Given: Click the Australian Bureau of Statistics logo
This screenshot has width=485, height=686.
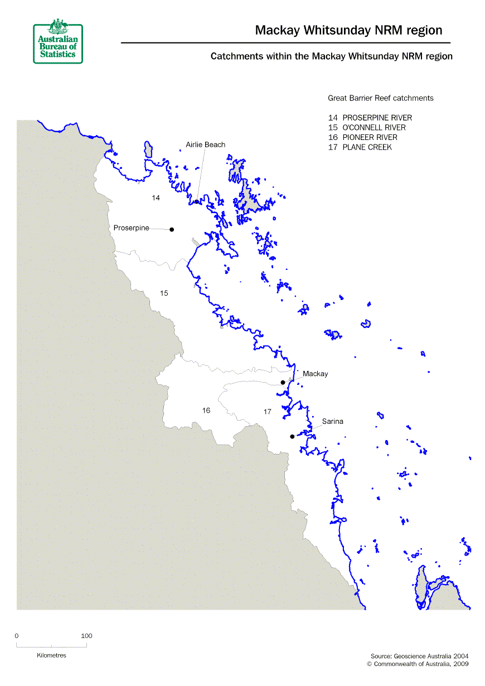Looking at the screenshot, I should (58, 42).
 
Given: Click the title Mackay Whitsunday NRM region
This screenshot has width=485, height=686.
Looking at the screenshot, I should (348, 30).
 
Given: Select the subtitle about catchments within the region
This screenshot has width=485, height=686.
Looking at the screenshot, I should (331, 56).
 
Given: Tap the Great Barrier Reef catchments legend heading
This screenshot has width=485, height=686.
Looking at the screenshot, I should (380, 98).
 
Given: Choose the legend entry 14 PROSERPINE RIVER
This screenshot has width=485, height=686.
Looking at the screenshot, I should (370, 118).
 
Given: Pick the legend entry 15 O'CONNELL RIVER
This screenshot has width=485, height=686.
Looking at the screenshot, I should (367, 128).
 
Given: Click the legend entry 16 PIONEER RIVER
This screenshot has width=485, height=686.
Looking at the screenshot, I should (363, 137).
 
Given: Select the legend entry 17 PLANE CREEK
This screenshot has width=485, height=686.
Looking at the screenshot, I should (360, 147).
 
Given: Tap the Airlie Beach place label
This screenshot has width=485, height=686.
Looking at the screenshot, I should (205, 144).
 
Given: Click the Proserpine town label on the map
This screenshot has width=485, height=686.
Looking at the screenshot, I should (131, 228).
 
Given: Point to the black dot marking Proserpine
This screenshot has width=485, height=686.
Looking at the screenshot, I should (172, 229).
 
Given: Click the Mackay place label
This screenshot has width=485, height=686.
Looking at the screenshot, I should (315, 374).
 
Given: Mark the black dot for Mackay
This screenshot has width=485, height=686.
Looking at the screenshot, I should (283, 382).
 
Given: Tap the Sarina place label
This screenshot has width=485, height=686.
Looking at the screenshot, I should (332, 421).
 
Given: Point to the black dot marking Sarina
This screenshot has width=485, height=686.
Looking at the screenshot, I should (292, 437).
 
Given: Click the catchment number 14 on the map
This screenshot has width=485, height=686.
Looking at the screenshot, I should (156, 198).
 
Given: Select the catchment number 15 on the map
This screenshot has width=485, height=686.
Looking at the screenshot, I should (164, 293).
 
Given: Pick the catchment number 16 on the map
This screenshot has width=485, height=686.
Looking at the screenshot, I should (206, 410).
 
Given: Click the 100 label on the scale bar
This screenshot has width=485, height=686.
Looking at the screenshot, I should (86, 636).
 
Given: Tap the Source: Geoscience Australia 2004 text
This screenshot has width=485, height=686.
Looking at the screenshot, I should (419, 656).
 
